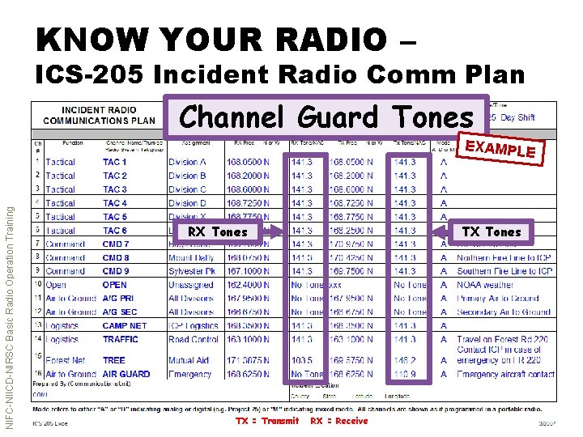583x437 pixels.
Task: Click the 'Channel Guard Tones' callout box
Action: (x=326, y=118)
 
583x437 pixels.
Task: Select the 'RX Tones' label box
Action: (x=218, y=231)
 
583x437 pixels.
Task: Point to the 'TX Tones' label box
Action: (x=491, y=231)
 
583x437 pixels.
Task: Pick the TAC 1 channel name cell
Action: (x=114, y=163)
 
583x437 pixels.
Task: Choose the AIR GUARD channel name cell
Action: (x=126, y=375)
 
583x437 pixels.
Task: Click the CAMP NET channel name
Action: (x=124, y=326)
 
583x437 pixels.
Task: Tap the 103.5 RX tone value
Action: (x=301, y=361)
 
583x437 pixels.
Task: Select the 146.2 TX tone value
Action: (x=405, y=361)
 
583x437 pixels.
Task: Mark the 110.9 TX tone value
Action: (x=405, y=375)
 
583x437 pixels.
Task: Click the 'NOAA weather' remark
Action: (x=485, y=285)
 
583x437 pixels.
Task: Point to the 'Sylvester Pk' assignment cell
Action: (x=193, y=272)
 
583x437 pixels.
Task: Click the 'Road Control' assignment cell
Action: (x=193, y=340)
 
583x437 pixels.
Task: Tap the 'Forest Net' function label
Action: (x=66, y=361)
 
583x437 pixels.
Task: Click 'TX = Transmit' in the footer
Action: (x=266, y=421)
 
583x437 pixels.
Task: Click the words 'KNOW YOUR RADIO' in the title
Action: (x=211, y=38)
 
